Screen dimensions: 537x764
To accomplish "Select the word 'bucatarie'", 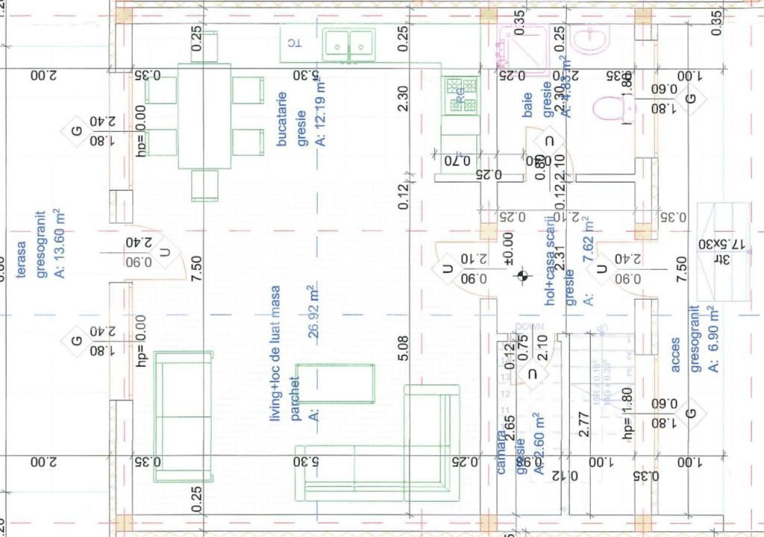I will coord(282,119).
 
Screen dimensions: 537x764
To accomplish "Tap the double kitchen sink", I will coord(350,43).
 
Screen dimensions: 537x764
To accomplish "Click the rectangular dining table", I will coord(204,116).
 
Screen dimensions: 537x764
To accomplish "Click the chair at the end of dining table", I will coord(204,184).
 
